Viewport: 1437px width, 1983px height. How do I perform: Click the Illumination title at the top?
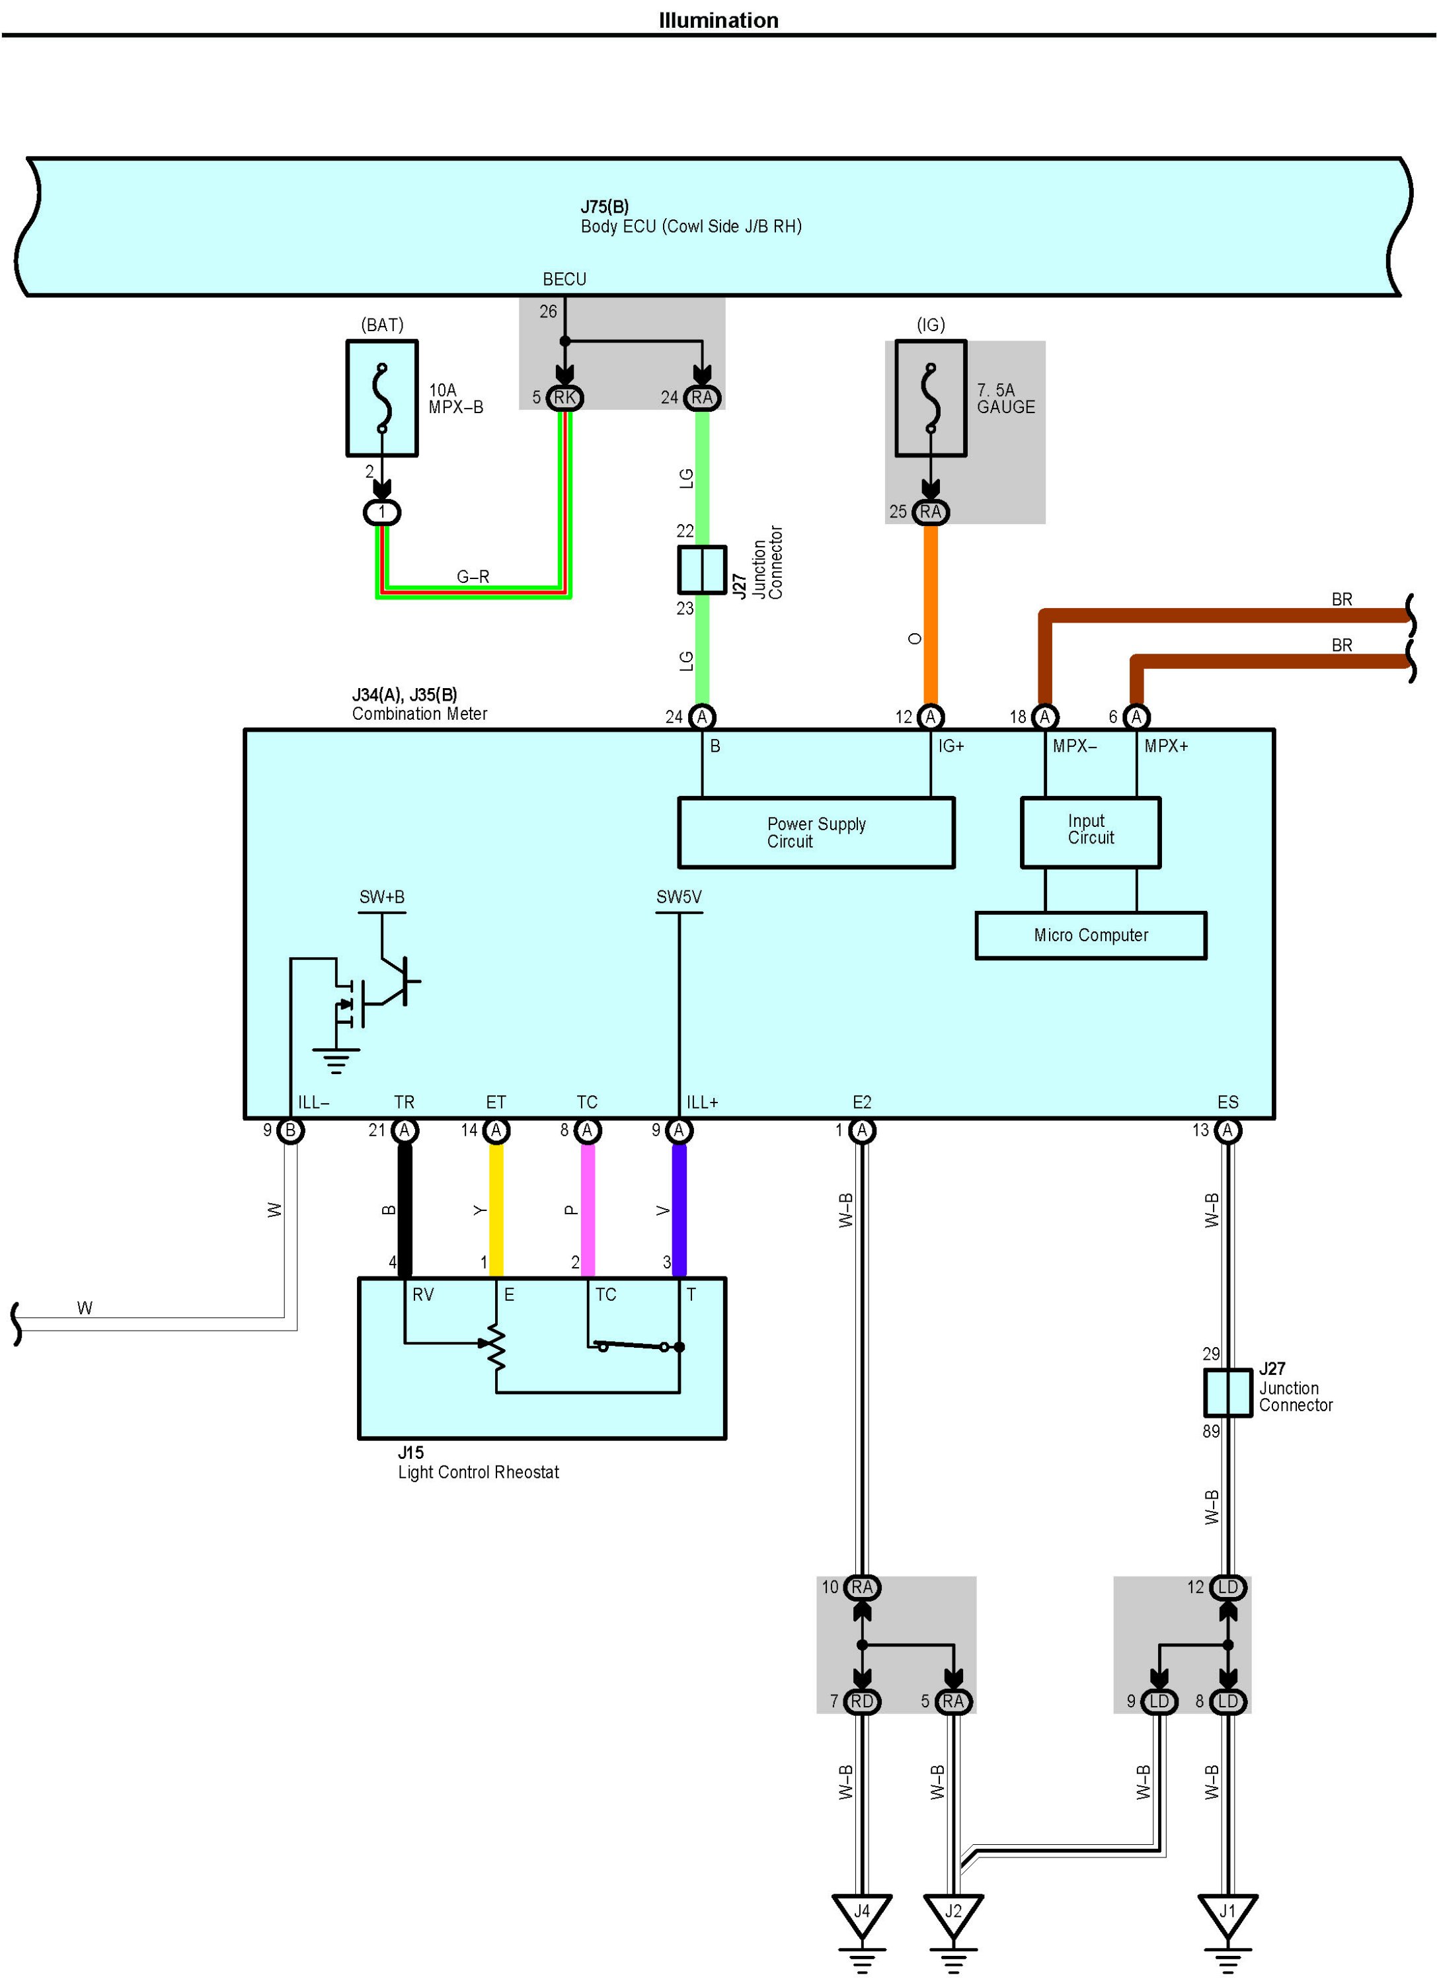click(x=718, y=20)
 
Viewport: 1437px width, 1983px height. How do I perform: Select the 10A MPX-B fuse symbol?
click(x=382, y=399)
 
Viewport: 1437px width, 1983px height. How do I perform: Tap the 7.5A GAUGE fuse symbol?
click(x=931, y=399)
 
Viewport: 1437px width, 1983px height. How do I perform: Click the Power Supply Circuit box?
click(x=816, y=832)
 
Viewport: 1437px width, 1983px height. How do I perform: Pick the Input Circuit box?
click(x=1090, y=832)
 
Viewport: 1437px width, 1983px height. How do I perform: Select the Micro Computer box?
click(x=1090, y=935)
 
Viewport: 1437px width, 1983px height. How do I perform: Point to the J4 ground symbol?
click(x=862, y=1912)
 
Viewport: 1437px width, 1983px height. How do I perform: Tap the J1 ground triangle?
click(x=1227, y=1912)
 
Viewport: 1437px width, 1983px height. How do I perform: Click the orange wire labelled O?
click(x=931, y=612)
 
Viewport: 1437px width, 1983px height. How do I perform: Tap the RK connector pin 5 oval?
click(x=564, y=398)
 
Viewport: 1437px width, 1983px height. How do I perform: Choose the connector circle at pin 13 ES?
click(x=1227, y=1130)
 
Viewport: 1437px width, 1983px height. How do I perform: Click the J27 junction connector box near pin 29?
click(x=1227, y=1393)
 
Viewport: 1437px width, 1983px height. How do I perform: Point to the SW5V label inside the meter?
click(x=679, y=897)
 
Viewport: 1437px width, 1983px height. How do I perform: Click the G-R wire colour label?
click(x=473, y=577)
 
